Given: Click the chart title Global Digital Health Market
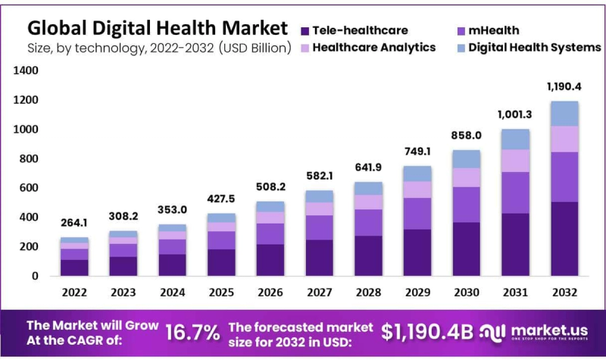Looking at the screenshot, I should (x=158, y=28).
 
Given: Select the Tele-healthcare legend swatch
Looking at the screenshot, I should (x=305, y=31).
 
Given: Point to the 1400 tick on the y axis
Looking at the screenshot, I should (x=25, y=70).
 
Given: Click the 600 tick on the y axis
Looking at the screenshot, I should (x=28, y=188).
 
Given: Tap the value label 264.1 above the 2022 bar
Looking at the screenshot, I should (x=74, y=223).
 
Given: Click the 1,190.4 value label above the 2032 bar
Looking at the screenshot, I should (x=563, y=86).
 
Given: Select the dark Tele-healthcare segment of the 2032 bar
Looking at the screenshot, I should (x=563, y=239).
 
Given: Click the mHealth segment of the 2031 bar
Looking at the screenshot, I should (x=514, y=193).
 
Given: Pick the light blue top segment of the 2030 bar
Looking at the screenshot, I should (x=465, y=158).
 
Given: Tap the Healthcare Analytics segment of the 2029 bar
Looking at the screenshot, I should (x=417, y=189).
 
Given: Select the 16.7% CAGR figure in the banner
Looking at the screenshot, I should (x=192, y=332).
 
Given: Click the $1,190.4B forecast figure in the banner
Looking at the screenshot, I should (x=426, y=332).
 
